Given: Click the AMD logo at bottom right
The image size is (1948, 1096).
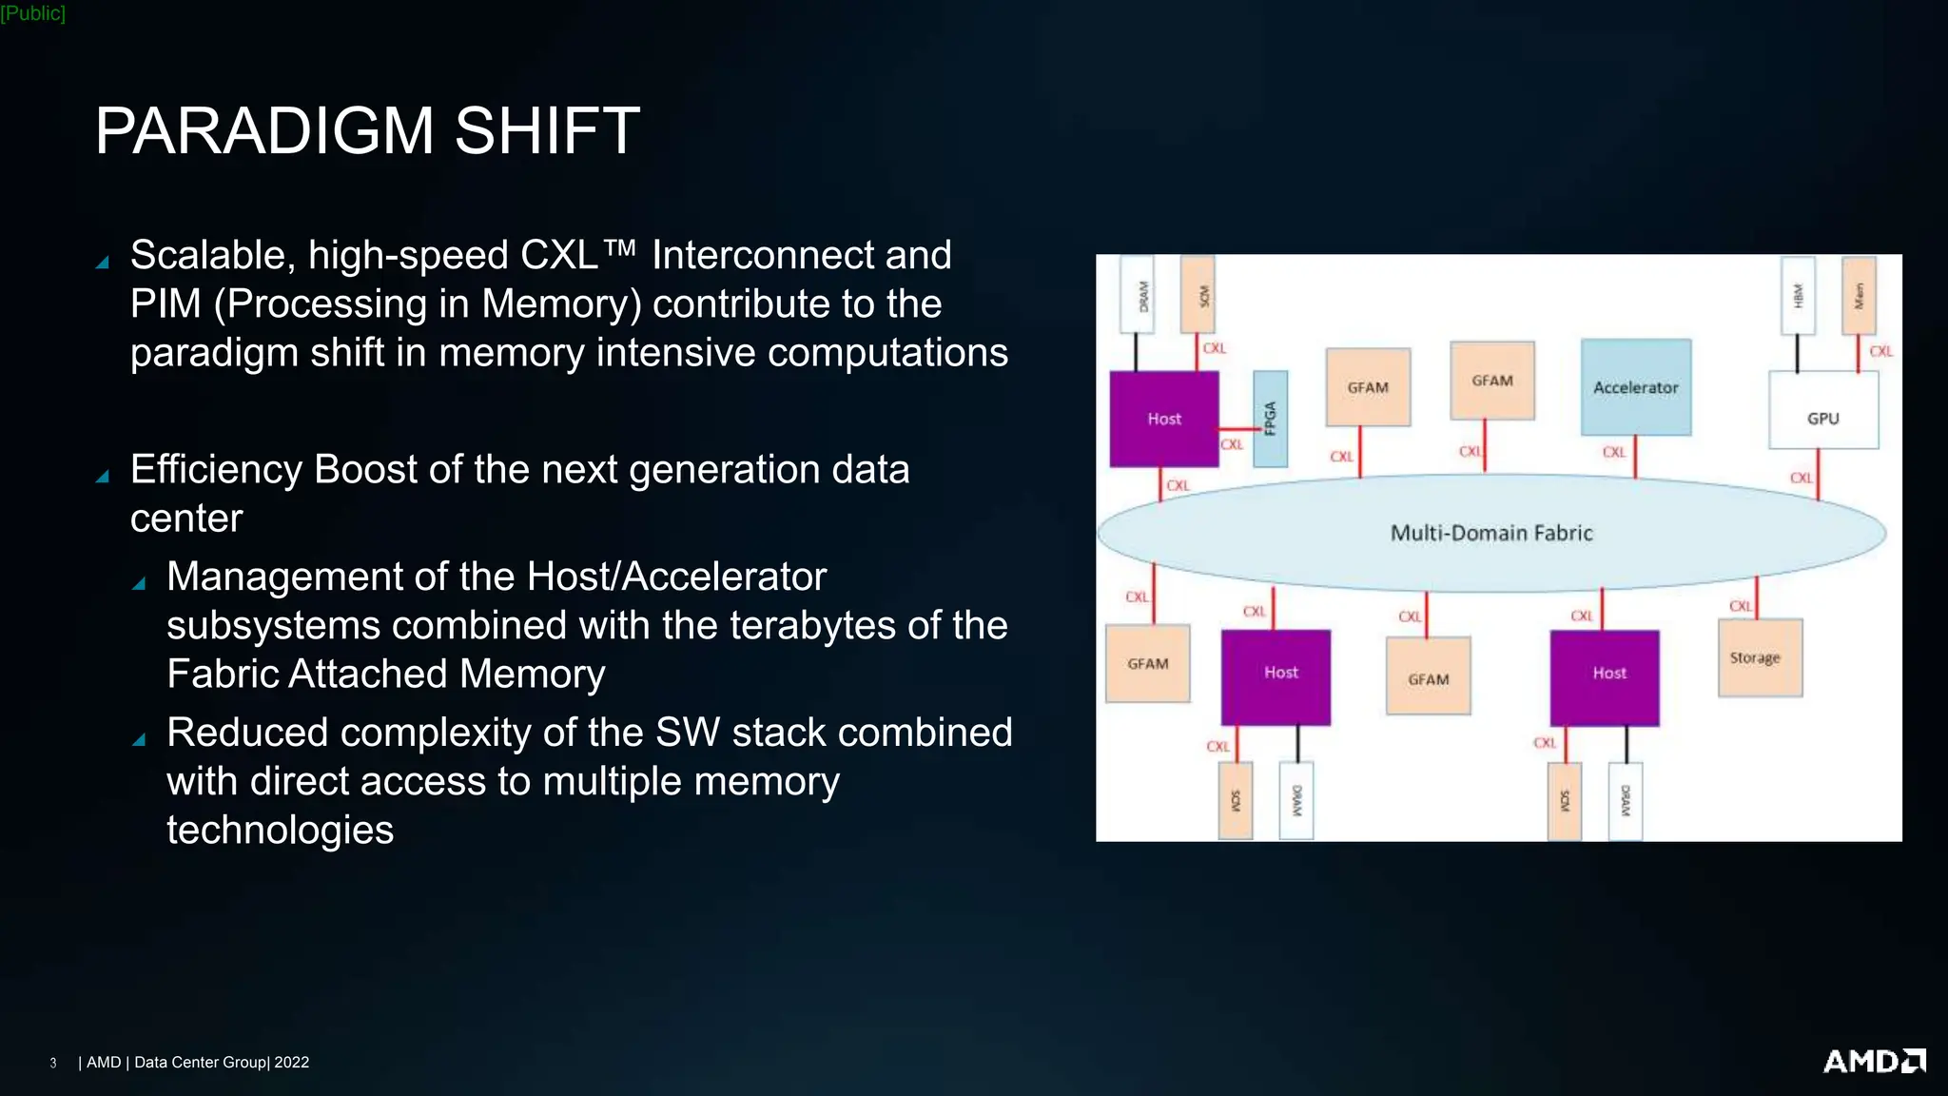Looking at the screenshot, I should tap(1874, 1061).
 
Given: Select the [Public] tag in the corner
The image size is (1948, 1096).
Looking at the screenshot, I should tap(33, 13).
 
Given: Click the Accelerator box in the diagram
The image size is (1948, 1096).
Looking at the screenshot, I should tap(1635, 387).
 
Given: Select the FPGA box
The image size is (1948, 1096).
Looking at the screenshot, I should tap(1270, 419).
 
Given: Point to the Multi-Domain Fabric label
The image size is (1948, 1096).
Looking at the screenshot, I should tap(1490, 533).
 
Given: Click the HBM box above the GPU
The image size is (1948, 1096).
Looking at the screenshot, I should tap(1798, 295).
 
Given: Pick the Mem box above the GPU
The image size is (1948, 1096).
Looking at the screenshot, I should tap(1859, 295).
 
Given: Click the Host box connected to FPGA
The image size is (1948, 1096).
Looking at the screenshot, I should tap(1163, 419).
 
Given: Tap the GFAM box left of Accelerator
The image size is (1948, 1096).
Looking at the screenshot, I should tap(1491, 381).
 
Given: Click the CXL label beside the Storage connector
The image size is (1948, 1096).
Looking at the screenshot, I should tap(1740, 606).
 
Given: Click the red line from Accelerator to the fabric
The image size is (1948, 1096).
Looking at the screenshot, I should tap(1635, 457).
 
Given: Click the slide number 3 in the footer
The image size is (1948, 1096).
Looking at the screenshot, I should tap(53, 1063).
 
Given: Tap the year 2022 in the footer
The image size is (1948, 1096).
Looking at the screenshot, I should tap(291, 1063).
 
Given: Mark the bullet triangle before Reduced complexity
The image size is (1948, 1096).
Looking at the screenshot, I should tap(139, 739).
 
